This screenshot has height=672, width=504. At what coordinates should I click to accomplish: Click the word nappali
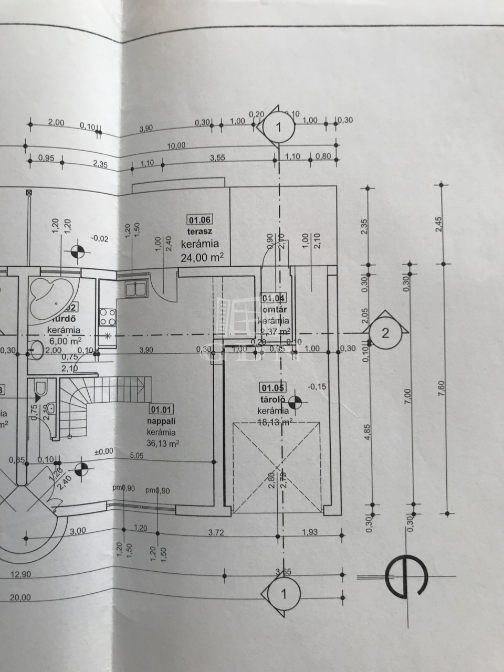pyautogui.click(x=162, y=421)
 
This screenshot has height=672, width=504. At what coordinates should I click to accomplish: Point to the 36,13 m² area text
pyautogui.click(x=163, y=444)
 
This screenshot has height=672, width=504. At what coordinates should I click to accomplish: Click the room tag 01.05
pyautogui.click(x=273, y=388)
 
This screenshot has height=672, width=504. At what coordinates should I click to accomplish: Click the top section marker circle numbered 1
pyautogui.click(x=279, y=126)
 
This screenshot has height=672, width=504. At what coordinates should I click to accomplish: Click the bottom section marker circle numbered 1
pyautogui.click(x=283, y=594)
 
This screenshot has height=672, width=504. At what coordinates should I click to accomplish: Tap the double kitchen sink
pyautogui.click(x=135, y=289)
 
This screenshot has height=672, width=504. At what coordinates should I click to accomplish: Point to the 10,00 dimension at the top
pyautogui.click(x=176, y=145)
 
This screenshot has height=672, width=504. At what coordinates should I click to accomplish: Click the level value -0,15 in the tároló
pyautogui.click(x=318, y=386)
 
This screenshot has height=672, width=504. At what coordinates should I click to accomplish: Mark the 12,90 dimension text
pyautogui.click(x=21, y=574)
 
